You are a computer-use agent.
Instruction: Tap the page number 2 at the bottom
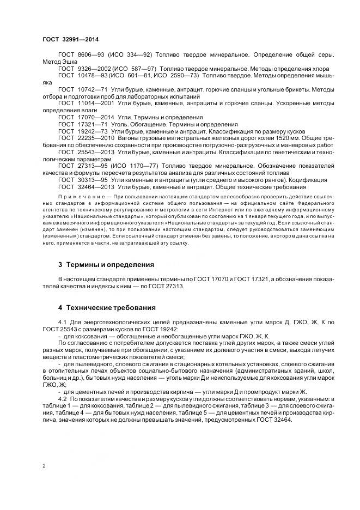[44, 466]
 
